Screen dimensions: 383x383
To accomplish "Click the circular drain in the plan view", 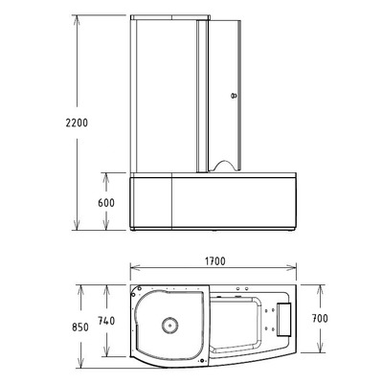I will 170,325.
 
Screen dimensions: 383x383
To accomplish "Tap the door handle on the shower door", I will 231,97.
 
